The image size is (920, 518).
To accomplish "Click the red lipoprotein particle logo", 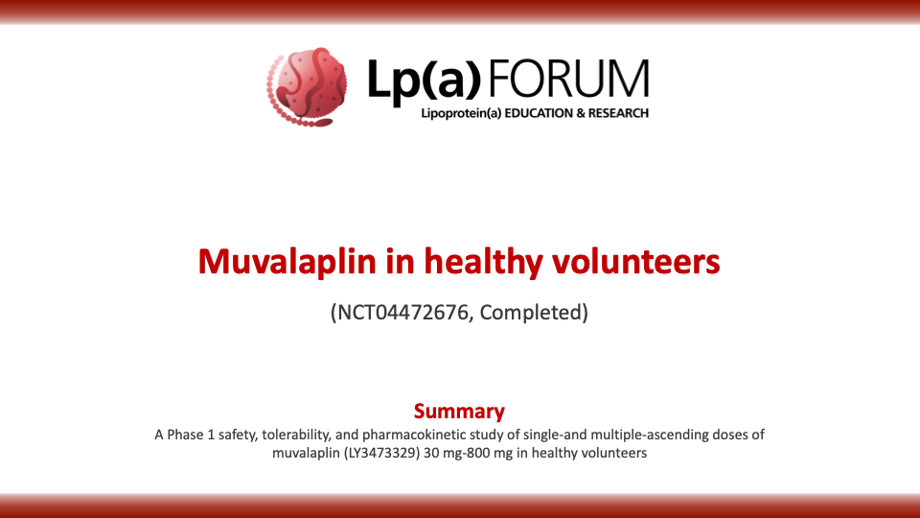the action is pyautogui.click(x=307, y=87).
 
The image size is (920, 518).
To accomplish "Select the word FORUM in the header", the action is pyautogui.click(x=568, y=78).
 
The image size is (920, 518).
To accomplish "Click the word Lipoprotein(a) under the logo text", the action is pyautogui.click(x=461, y=113).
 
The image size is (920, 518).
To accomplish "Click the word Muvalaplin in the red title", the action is pyautogui.click(x=287, y=261).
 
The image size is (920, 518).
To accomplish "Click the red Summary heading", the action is pyautogui.click(x=459, y=412).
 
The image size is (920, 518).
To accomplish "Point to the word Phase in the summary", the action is pyautogui.click(x=185, y=435).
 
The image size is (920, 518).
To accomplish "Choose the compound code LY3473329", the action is pyautogui.click(x=382, y=453).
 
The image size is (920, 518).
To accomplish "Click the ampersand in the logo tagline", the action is pyautogui.click(x=581, y=113).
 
